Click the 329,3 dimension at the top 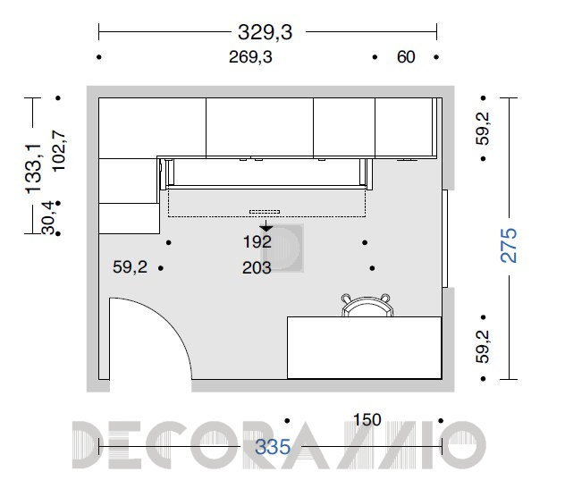pyautogui.click(x=265, y=32)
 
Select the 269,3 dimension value pyautogui.click(x=250, y=57)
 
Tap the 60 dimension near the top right pyautogui.click(x=406, y=57)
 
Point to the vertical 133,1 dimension pyautogui.click(x=33, y=169)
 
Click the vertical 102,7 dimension pyautogui.click(x=59, y=151)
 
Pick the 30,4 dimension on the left pyautogui.click(x=48, y=218)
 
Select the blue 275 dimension pyautogui.click(x=509, y=245)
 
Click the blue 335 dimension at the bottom pyautogui.click(x=273, y=447)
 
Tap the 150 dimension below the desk pyautogui.click(x=367, y=420)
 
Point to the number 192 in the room pyautogui.click(x=257, y=242)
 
